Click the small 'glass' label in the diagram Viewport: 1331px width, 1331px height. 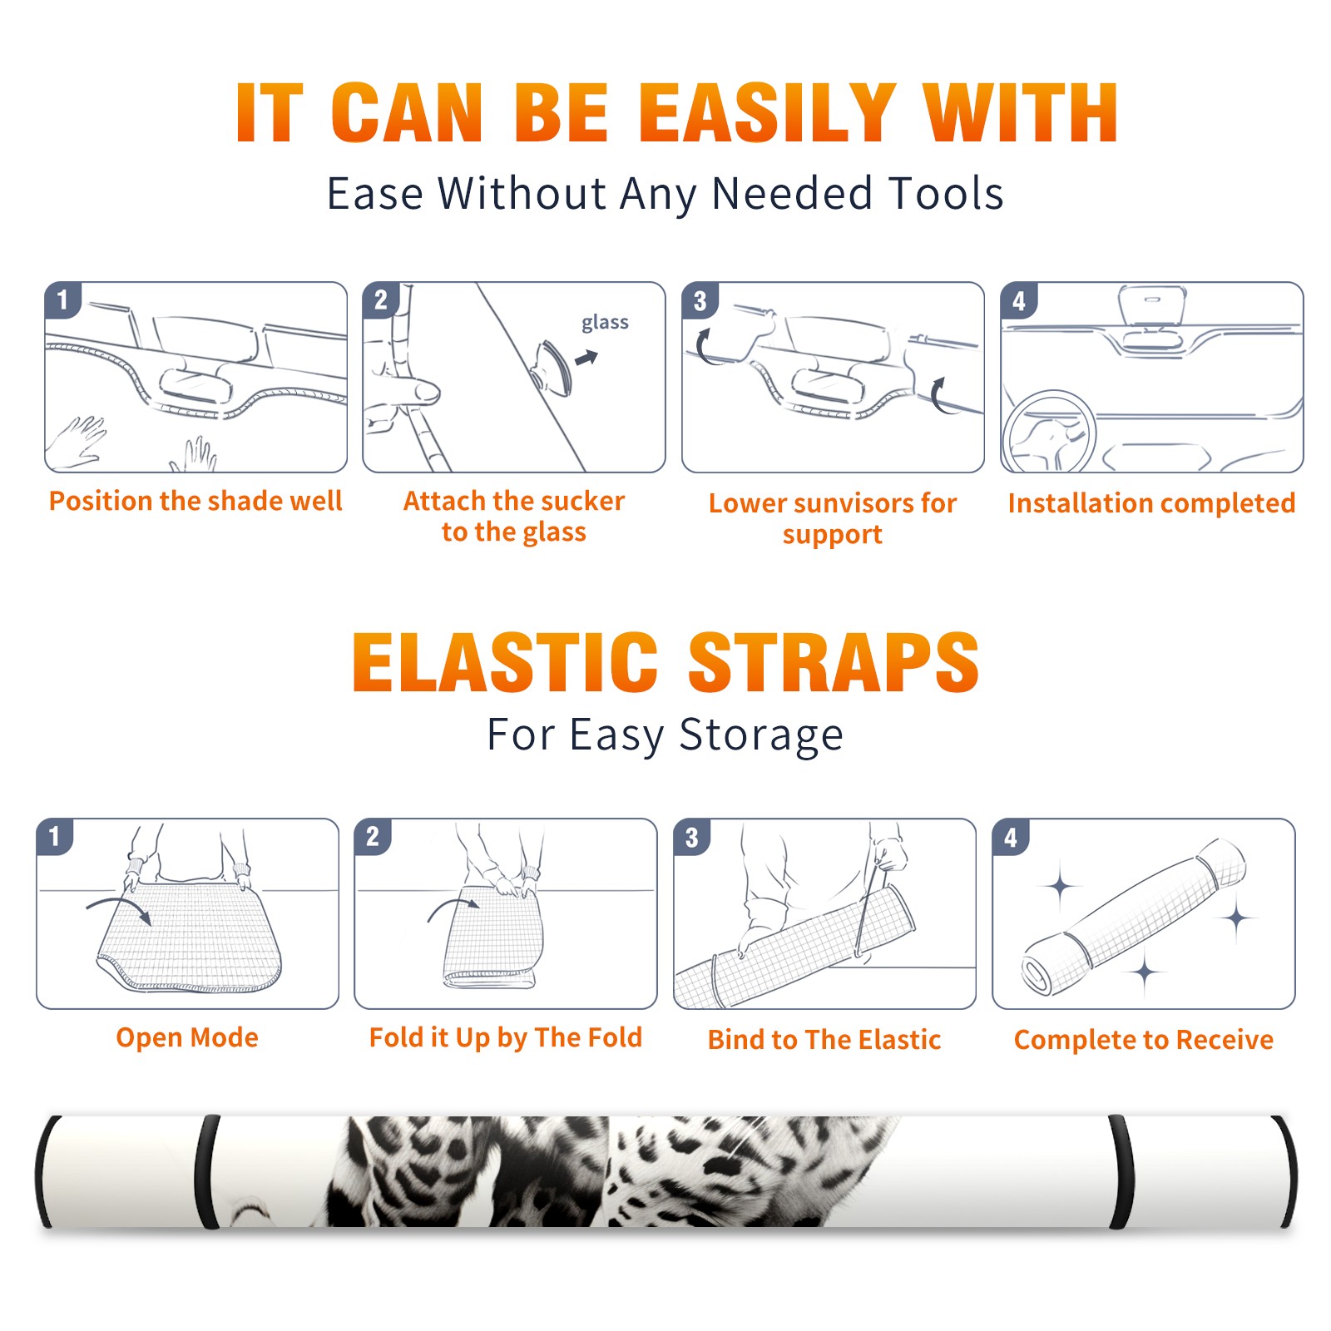pyautogui.click(x=605, y=323)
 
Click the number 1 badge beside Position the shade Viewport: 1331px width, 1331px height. pyautogui.click(x=62, y=299)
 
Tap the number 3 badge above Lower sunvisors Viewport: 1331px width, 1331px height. pyautogui.click(x=700, y=300)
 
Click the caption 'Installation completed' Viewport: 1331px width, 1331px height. pyautogui.click(x=1151, y=503)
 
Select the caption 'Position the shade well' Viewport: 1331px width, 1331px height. pyautogui.click(x=195, y=501)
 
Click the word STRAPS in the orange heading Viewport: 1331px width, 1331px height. pyautogui.click(x=834, y=662)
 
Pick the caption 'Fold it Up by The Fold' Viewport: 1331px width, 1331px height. pyautogui.click(x=506, y=1038)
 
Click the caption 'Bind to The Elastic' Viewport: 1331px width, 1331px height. pyautogui.click(x=824, y=1040)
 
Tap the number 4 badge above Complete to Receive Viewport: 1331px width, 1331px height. pyautogui.click(x=1011, y=837)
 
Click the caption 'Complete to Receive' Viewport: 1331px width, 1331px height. pyautogui.click(x=1144, y=1040)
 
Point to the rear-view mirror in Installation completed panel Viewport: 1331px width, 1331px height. pyautogui.click(x=1152, y=306)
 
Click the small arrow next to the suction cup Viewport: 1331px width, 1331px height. pyautogui.click(x=587, y=358)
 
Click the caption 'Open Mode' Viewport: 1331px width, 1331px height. pyautogui.click(x=187, y=1038)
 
